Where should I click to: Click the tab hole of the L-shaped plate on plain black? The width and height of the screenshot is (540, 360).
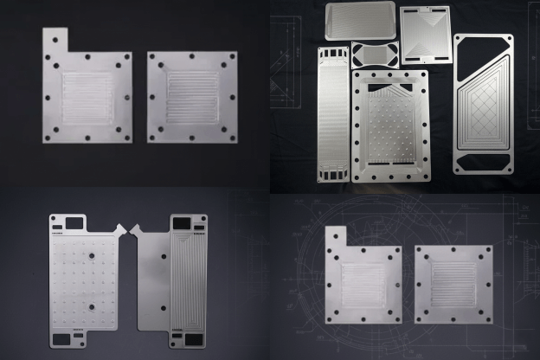tap(56, 40)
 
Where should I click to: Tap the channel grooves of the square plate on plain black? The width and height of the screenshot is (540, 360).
tap(192, 95)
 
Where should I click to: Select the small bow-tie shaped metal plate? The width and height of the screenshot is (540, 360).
tap(375, 55)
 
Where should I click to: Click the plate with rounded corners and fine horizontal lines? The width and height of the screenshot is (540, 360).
tap(360, 20)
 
